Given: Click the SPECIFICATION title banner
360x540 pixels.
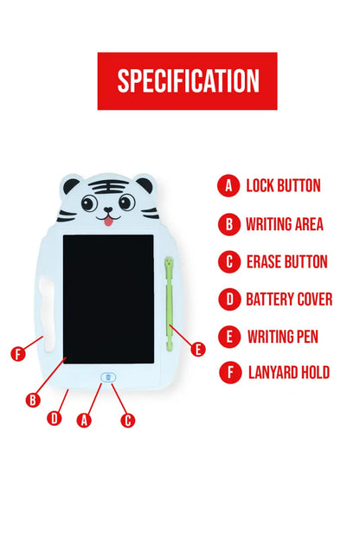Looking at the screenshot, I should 187,80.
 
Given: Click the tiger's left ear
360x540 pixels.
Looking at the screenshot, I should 70,185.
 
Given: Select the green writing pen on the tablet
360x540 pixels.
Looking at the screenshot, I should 169,303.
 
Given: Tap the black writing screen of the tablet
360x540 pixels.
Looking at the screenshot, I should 108,299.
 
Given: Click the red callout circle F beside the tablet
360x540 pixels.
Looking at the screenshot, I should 17,354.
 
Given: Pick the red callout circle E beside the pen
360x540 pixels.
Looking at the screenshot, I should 198,350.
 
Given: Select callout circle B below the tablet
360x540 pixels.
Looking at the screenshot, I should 33,400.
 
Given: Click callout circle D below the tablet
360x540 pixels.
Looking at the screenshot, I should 55,419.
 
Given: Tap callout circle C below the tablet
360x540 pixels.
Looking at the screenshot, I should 128,421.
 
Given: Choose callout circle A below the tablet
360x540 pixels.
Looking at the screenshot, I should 84,421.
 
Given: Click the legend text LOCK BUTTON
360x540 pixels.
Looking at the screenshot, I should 283,185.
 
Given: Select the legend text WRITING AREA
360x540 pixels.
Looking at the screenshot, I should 284,224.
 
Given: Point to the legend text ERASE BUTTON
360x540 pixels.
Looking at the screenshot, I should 286,261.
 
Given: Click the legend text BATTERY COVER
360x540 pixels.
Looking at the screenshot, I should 289,299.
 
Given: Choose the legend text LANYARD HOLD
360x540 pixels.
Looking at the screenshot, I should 288,373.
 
